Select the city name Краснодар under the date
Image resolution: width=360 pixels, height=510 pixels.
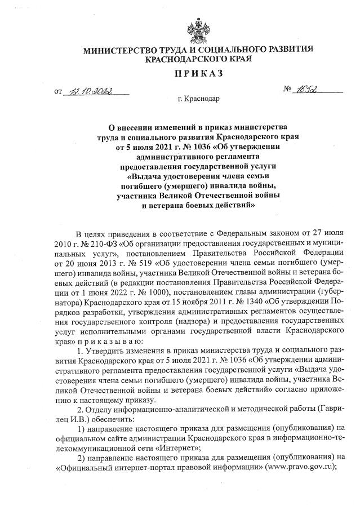tap(203, 100)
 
